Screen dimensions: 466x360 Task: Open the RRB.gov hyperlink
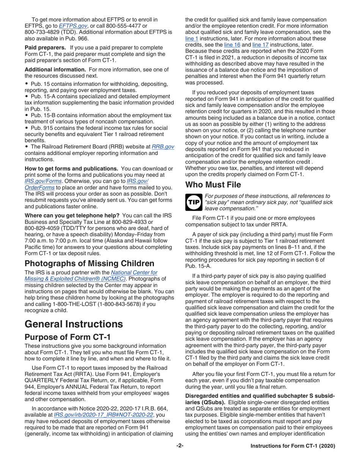(x=163, y=147)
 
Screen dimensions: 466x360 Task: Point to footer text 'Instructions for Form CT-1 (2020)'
(x=293, y=457)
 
